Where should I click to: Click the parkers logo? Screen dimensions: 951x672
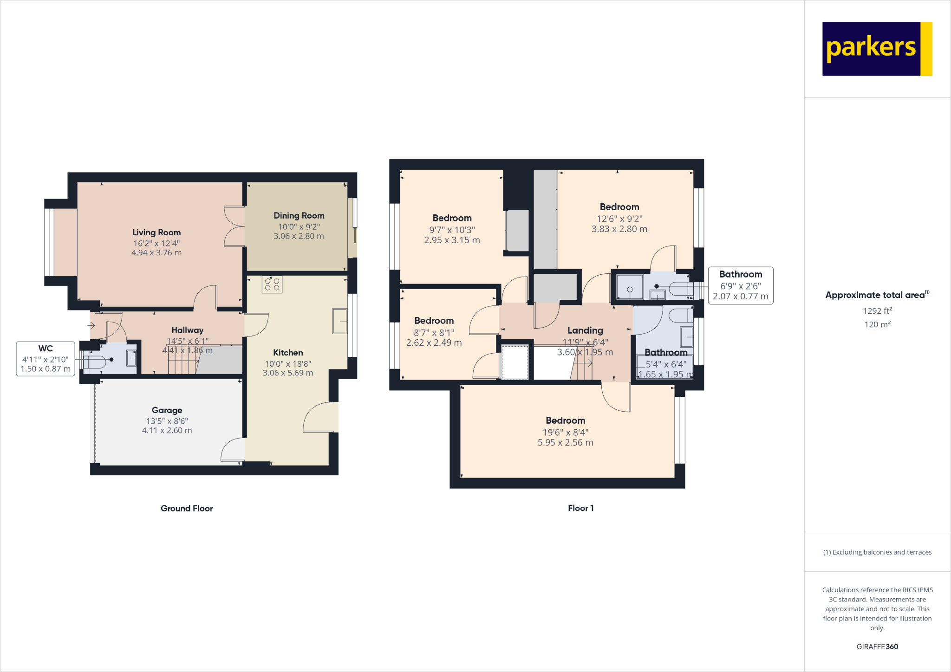(x=877, y=49)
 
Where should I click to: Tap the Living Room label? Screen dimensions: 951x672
(x=156, y=233)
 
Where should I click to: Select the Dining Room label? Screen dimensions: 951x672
(x=299, y=216)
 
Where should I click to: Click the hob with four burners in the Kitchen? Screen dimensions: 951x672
(x=272, y=284)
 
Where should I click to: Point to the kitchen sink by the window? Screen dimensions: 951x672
(x=340, y=321)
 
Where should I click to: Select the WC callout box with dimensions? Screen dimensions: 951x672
(x=46, y=359)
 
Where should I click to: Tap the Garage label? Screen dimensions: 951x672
(x=167, y=410)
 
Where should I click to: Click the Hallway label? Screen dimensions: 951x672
(x=188, y=330)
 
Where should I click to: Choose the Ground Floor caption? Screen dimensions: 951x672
(x=187, y=508)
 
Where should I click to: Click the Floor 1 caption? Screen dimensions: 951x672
(x=581, y=508)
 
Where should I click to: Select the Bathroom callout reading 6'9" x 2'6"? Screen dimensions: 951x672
(x=741, y=285)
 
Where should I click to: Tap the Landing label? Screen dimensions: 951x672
(x=585, y=330)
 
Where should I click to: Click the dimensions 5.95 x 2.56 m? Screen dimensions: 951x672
(x=566, y=443)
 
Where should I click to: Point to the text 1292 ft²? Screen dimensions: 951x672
(x=878, y=310)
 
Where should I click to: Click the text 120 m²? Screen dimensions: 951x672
(x=878, y=324)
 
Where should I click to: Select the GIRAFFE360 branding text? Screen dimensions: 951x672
(x=878, y=646)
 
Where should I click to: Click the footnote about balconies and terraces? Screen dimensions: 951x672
(x=878, y=552)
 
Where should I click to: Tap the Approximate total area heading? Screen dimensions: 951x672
(x=878, y=295)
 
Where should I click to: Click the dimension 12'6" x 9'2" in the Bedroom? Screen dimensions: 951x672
(x=619, y=219)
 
